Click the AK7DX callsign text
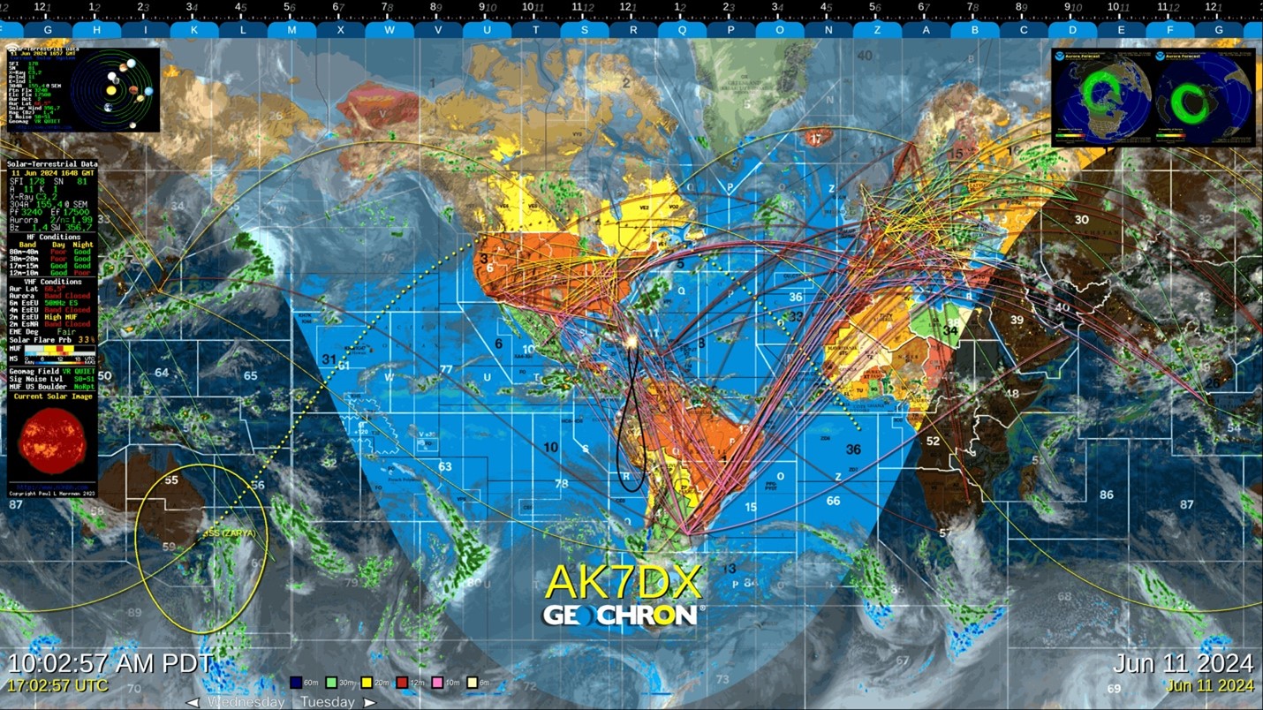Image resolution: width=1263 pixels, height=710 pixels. point(623,581)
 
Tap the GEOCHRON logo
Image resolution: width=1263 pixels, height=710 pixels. point(623,614)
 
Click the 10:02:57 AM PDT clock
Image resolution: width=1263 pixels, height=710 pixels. point(110,664)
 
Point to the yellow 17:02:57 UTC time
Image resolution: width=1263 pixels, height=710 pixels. point(58,685)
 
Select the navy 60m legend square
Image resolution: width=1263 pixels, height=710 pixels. point(296,682)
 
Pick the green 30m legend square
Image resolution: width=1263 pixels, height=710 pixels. point(332,682)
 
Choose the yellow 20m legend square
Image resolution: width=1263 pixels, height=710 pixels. point(367,682)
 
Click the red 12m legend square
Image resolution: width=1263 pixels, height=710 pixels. point(403,682)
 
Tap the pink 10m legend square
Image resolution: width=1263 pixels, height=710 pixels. point(438,682)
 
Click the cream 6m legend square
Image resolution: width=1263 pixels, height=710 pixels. point(473,682)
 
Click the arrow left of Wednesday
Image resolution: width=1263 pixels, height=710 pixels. point(192,702)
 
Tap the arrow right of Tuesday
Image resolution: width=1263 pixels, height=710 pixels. point(370,702)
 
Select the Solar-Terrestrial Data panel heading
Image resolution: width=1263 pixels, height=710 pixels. point(53,164)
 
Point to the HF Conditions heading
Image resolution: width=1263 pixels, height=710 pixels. point(53,237)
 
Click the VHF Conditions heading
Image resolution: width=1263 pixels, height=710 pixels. point(53,282)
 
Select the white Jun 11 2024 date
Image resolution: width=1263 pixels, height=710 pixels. point(1183,664)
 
